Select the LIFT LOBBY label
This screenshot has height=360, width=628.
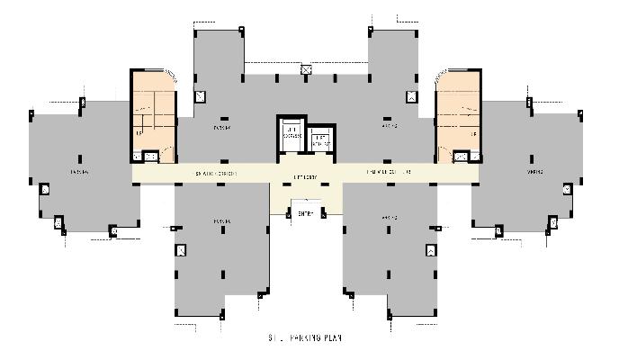(x=304, y=177)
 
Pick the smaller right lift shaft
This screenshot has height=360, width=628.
(x=321, y=140)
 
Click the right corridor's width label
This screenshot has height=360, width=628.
(x=389, y=171)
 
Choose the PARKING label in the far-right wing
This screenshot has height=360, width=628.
(x=536, y=171)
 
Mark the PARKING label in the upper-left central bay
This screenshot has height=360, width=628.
(x=222, y=128)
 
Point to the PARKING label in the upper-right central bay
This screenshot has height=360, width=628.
(x=390, y=128)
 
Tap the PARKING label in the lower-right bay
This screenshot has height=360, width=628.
(x=390, y=218)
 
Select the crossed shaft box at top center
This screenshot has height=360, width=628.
(x=306, y=69)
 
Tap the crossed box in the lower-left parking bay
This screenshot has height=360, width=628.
(x=181, y=250)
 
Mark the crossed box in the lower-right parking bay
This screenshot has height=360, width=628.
(x=430, y=250)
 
